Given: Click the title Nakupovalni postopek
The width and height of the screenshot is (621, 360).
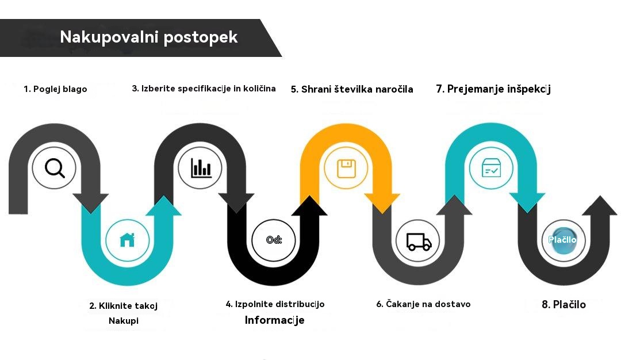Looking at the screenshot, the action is (148, 37).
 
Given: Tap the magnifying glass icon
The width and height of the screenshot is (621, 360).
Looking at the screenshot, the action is (55, 168).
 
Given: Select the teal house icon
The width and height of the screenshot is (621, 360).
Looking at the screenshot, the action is (127, 240).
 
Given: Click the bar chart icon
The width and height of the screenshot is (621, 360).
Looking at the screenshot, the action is (201, 168).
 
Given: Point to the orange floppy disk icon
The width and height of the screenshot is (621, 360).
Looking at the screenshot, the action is (346, 168).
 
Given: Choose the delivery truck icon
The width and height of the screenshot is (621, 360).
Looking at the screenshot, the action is (419, 242).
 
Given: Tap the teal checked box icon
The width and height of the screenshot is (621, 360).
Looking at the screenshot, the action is (491, 168).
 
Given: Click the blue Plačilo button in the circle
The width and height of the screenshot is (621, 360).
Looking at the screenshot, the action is (563, 240).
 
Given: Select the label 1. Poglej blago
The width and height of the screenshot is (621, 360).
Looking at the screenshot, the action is (55, 89).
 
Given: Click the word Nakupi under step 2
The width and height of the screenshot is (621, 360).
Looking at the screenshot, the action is (124, 321).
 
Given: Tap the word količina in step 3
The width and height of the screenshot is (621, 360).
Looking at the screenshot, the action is (259, 89).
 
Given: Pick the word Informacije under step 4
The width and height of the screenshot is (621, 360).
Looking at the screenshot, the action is (274, 320).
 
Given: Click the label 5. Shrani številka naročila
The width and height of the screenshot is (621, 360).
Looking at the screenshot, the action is (352, 89).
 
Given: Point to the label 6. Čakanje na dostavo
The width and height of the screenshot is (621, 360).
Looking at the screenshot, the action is (423, 304).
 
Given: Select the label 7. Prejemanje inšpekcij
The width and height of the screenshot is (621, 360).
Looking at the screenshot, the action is (493, 89).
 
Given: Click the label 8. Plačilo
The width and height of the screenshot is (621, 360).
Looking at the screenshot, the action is (563, 305).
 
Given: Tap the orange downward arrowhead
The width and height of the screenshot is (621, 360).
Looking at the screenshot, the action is (382, 202).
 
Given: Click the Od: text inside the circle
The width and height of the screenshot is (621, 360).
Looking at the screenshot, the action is (274, 240).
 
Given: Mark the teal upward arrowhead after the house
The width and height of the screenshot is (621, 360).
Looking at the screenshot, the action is (163, 206).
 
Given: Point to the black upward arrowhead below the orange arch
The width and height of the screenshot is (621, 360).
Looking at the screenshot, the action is (309, 206).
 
